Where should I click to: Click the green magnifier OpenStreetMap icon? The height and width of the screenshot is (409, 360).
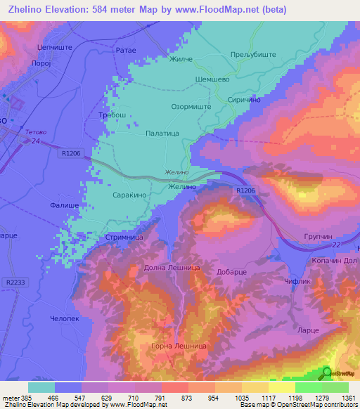(x=328, y=374)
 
